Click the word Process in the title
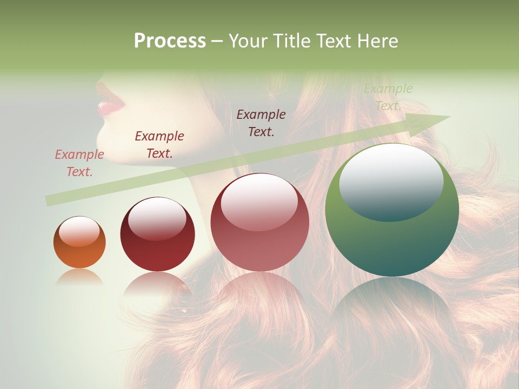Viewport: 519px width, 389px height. click(170, 41)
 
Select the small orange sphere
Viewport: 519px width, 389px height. click(79, 243)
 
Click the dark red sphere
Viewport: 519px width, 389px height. click(157, 234)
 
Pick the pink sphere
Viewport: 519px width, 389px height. click(259, 222)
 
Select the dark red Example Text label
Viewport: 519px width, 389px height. click(159, 145)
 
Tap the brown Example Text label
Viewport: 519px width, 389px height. click(261, 123)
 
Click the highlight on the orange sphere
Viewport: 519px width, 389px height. click(79, 231)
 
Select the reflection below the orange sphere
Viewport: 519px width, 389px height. click(79, 277)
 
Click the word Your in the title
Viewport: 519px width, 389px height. click(246, 41)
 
